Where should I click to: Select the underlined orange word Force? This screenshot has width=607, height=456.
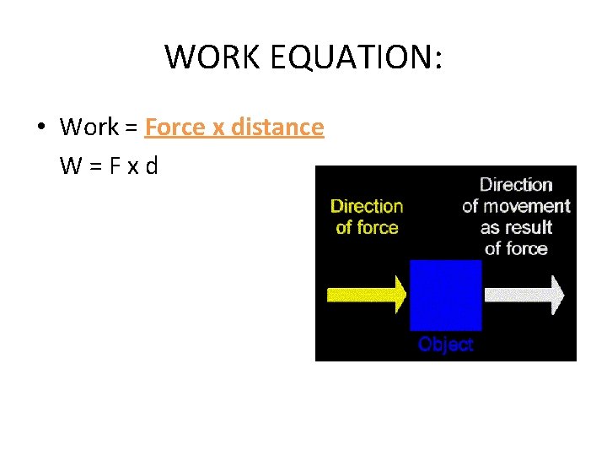tap(175, 128)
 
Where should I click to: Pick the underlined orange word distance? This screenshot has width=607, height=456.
tap(277, 128)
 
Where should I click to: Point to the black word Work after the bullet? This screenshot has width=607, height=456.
tap(89, 128)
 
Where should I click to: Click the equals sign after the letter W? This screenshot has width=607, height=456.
tap(93, 166)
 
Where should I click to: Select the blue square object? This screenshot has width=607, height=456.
tap(445, 295)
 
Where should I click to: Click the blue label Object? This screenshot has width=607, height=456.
tap(445, 345)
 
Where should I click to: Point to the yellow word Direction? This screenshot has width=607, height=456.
tap(367, 206)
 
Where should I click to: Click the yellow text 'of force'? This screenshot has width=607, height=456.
tap(367, 227)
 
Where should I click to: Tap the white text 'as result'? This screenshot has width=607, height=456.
tap(516, 227)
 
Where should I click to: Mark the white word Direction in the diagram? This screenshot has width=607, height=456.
tap(516, 185)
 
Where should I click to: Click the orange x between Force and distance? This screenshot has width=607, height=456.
tap(218, 128)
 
